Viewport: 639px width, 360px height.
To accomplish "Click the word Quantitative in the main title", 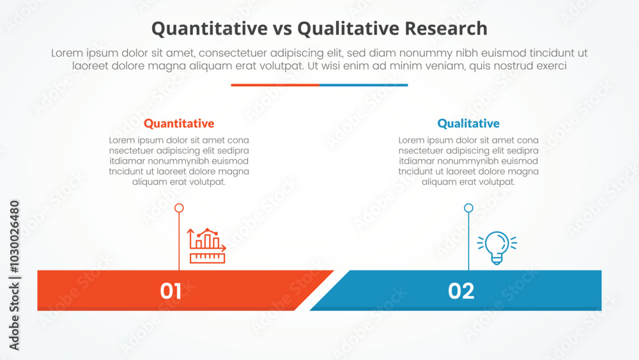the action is pos(210,29).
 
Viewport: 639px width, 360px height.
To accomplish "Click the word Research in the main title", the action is pos(446,29).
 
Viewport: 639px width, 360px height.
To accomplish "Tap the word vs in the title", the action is pos(282,29).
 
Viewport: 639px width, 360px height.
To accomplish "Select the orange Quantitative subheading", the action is pos(179,123).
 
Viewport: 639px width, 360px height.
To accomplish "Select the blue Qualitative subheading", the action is pos(468,123).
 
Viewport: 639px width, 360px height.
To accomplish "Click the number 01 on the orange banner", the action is pos(171,291).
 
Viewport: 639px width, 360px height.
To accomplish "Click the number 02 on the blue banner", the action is pos(461,291).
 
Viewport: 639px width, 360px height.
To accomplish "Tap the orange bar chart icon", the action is pos(206,246).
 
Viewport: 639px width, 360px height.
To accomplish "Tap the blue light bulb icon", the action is pos(497,247).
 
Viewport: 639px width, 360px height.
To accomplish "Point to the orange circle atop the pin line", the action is pos(179,208).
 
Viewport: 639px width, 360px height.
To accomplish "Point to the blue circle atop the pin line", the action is pos(468,208).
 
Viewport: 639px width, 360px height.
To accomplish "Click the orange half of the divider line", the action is pos(275,85).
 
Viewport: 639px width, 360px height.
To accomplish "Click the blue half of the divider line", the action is pos(364,85).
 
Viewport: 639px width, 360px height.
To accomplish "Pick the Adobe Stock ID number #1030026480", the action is pos(14,237).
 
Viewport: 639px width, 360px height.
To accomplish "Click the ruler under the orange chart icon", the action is pos(208,258).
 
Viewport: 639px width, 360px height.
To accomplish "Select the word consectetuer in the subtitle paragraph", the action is pos(233,53).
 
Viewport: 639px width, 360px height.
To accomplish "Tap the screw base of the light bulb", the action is pos(497,260).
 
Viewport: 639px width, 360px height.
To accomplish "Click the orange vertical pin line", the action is pos(179,241).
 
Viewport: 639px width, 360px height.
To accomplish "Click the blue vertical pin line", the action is pos(468,241).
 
